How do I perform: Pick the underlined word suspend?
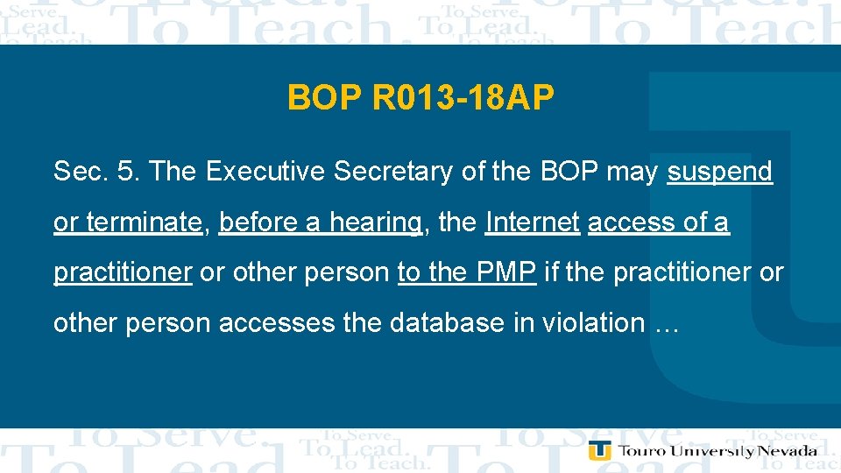tap(719, 173)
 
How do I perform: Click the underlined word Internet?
tap(532, 222)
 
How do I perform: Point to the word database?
tap(444, 322)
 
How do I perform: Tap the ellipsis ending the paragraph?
tap(667, 323)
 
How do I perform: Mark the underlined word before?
tap(258, 222)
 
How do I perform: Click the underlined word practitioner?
tap(123, 272)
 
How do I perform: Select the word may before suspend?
tap(631, 173)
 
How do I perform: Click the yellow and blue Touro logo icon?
tap(600, 450)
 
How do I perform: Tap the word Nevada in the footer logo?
tap(788, 451)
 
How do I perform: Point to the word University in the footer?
tap(710, 451)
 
